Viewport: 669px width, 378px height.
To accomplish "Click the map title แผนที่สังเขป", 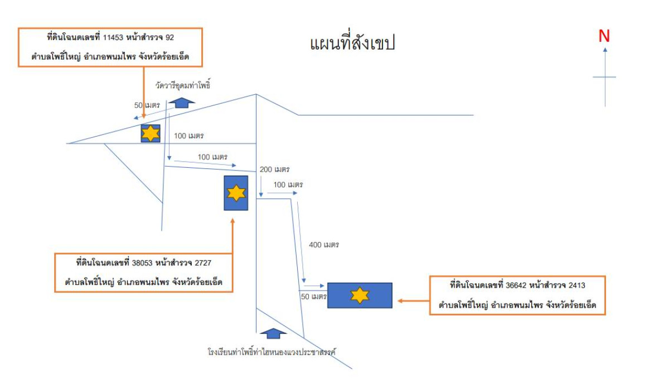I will pos(352,43).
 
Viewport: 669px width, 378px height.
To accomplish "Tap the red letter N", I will pos(604,36).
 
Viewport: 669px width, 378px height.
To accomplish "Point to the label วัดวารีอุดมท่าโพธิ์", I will pos(185,86).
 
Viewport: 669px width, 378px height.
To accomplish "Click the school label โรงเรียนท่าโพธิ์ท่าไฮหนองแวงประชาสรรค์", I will pos(271,351).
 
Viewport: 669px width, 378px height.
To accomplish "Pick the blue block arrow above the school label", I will pos(273,333).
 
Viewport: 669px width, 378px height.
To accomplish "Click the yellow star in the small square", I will pos(151,134).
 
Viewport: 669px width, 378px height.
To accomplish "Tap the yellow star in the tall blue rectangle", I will pos(236,193).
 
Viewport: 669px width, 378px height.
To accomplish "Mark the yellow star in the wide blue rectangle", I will pos(360,295).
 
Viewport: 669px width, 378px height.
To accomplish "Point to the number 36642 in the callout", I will pos(515,285).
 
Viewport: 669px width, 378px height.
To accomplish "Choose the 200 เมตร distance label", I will pos(275,169).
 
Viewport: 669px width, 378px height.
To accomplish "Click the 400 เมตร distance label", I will pos(324,244).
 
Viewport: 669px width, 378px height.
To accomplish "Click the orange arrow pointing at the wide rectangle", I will pos(413,301).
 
